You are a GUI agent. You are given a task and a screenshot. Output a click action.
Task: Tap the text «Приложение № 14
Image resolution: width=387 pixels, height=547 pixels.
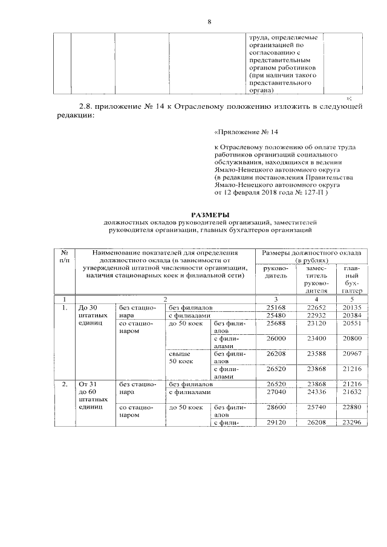[x=246, y=131]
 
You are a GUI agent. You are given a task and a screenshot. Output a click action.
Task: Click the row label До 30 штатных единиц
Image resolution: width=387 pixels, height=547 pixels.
[x=91, y=315]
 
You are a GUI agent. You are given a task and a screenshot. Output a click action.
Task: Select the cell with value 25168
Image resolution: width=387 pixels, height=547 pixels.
[x=276, y=306]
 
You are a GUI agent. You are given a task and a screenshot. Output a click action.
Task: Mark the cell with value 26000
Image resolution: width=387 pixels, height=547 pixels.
[x=276, y=340]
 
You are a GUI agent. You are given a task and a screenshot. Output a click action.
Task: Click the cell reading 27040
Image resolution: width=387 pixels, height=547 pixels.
[x=276, y=392]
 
